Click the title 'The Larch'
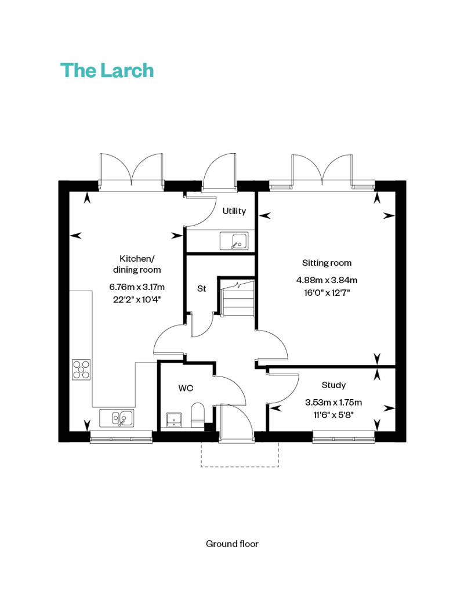click(x=107, y=71)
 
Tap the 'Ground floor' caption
click(x=232, y=544)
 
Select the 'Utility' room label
click(x=234, y=211)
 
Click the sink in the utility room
click(x=234, y=241)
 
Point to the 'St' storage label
click(x=201, y=288)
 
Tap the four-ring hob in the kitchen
click(x=81, y=370)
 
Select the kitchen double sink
click(x=117, y=418)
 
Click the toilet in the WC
click(x=198, y=415)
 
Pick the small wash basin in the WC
click(x=174, y=420)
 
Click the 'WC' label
click(x=186, y=388)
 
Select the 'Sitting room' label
click(x=327, y=263)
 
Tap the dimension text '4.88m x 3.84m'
click(x=327, y=280)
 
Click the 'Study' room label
click(x=333, y=385)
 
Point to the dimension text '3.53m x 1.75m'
click(x=333, y=403)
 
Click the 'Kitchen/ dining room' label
click(x=137, y=264)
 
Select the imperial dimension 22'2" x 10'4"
click(x=137, y=299)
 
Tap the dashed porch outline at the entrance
click(x=240, y=466)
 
